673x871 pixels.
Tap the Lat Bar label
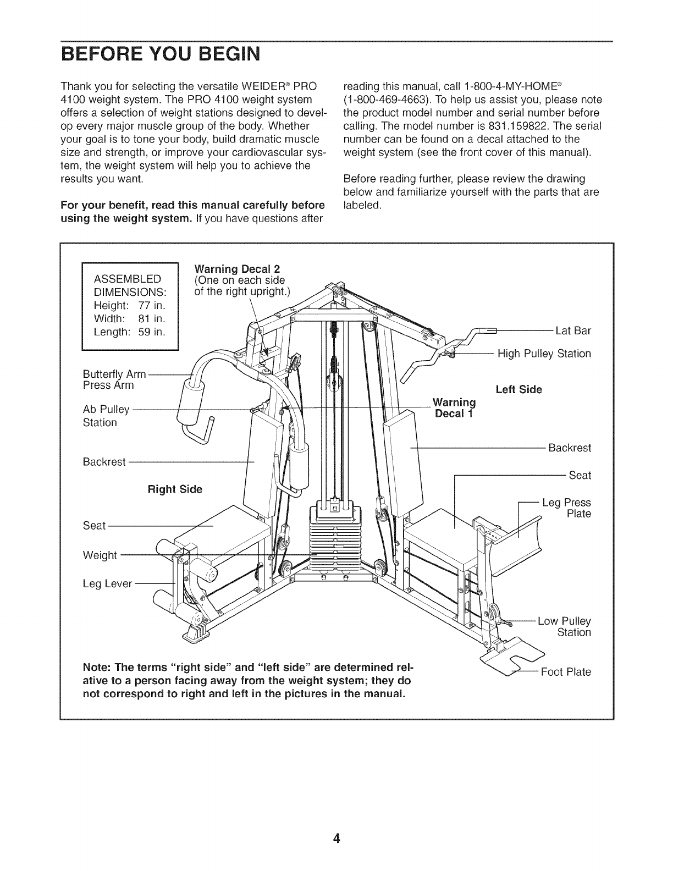pos(573,330)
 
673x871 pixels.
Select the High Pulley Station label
pos(544,354)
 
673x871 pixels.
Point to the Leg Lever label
pos(107,583)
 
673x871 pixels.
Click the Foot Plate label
pos(566,672)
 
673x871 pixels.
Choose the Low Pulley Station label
pos(564,627)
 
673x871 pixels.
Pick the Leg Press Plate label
pos(566,508)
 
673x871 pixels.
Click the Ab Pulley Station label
pos(106,416)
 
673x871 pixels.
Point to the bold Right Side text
pos(175,489)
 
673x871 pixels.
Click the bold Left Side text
pos(518,390)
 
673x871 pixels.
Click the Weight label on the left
pos(100,555)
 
